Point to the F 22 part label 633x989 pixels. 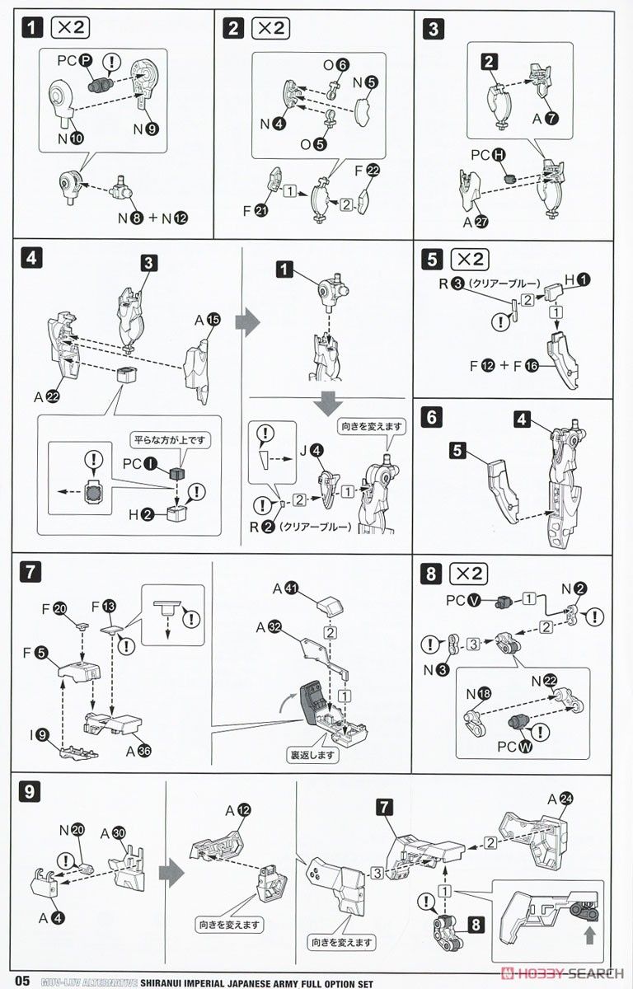pos(368,170)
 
